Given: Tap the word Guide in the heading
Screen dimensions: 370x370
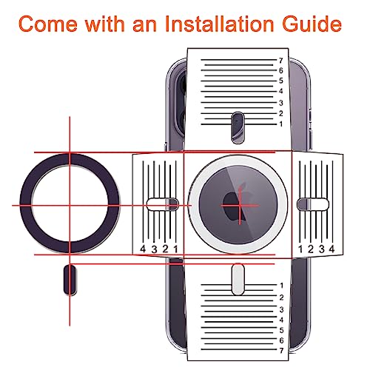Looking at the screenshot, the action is coord(312,24).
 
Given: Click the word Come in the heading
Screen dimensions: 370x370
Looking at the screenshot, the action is coord(48,24).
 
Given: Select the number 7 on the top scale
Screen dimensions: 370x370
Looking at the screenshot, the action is coord(281,61).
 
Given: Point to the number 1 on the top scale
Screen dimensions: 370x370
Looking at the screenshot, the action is coord(281,124).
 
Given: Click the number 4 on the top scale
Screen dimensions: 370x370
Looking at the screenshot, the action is coord(281,91).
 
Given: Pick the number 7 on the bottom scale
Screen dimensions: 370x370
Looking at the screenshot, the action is coord(281,350).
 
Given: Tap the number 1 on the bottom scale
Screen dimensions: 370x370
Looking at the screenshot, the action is coord(281,286).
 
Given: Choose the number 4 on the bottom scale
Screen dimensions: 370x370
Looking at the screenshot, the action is coord(281,320).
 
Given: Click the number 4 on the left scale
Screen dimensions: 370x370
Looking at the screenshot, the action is coord(143,249).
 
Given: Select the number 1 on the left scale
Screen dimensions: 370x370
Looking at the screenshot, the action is coord(175,249).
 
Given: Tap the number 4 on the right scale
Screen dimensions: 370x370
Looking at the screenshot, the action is coord(332,249).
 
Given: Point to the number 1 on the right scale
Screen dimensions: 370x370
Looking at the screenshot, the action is coord(300,249).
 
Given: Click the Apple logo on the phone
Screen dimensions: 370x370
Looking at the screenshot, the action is coord(235,203).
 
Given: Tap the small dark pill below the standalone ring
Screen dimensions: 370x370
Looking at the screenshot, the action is coord(70,280).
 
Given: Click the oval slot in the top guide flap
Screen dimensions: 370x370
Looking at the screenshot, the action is coord(238,127).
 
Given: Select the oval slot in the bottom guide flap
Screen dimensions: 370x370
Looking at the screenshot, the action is coord(238,279).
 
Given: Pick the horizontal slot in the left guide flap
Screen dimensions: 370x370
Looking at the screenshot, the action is coord(163,204).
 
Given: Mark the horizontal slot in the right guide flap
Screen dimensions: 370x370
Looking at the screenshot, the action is coord(313,204).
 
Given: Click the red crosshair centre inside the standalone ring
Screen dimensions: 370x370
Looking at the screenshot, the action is coord(70,205).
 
